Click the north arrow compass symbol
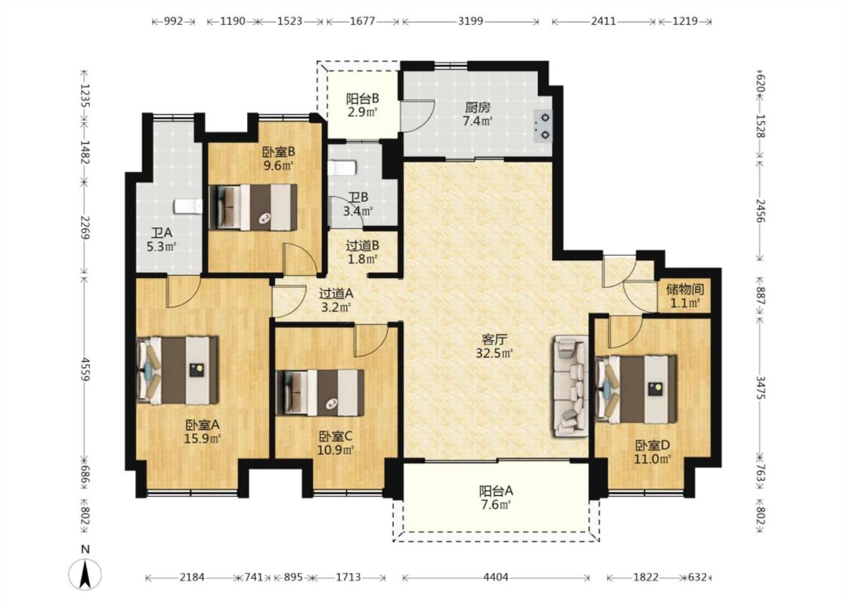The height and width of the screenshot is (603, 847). (x=85, y=574)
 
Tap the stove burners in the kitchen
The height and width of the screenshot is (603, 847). (x=542, y=126)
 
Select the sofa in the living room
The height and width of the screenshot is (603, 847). (x=570, y=386)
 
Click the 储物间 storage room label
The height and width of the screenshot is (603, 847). (x=685, y=289)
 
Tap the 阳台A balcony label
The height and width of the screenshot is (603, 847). (x=496, y=491)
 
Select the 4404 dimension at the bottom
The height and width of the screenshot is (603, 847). (x=495, y=577)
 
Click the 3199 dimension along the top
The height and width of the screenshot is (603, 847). (x=471, y=21)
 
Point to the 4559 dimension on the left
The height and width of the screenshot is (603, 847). (x=85, y=369)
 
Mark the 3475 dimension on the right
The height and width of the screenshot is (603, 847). (x=760, y=387)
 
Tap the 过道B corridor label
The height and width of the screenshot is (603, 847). (x=362, y=246)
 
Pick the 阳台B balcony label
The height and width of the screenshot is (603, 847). (x=362, y=99)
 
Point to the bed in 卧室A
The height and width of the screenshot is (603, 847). (x=178, y=370)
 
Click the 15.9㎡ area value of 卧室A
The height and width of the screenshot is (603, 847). (x=203, y=439)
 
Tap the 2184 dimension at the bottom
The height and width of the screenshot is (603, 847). (x=192, y=577)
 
